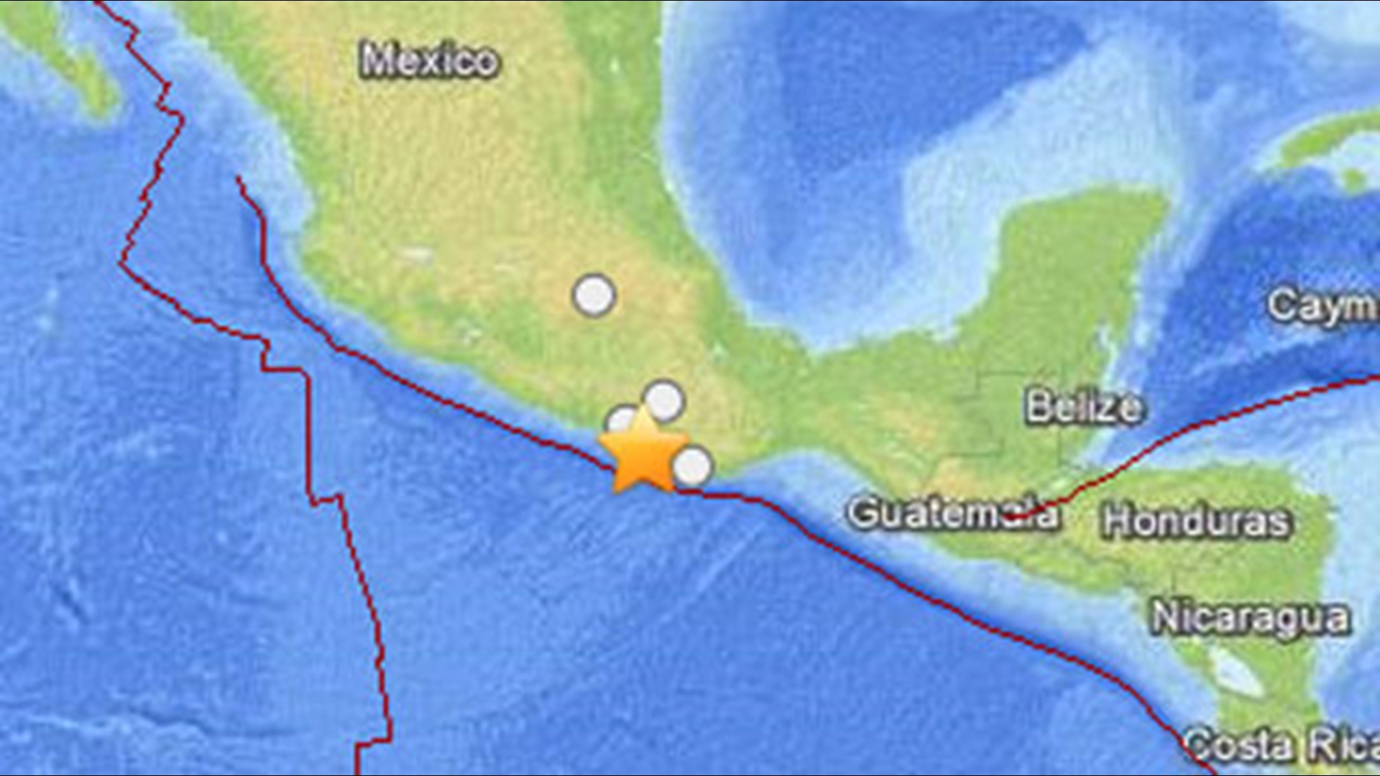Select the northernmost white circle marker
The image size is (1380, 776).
pyautogui.click(x=594, y=295)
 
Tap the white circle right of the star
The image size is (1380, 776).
pyautogui.click(x=693, y=467)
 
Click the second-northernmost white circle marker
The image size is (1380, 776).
pyautogui.click(x=663, y=399)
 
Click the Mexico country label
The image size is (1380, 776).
pyautogui.click(x=429, y=60)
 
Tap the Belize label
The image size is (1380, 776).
pyautogui.click(x=1083, y=407)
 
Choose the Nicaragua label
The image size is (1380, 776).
pyautogui.click(x=1251, y=618)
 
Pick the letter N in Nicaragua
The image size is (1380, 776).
pyautogui.click(x=1167, y=618)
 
